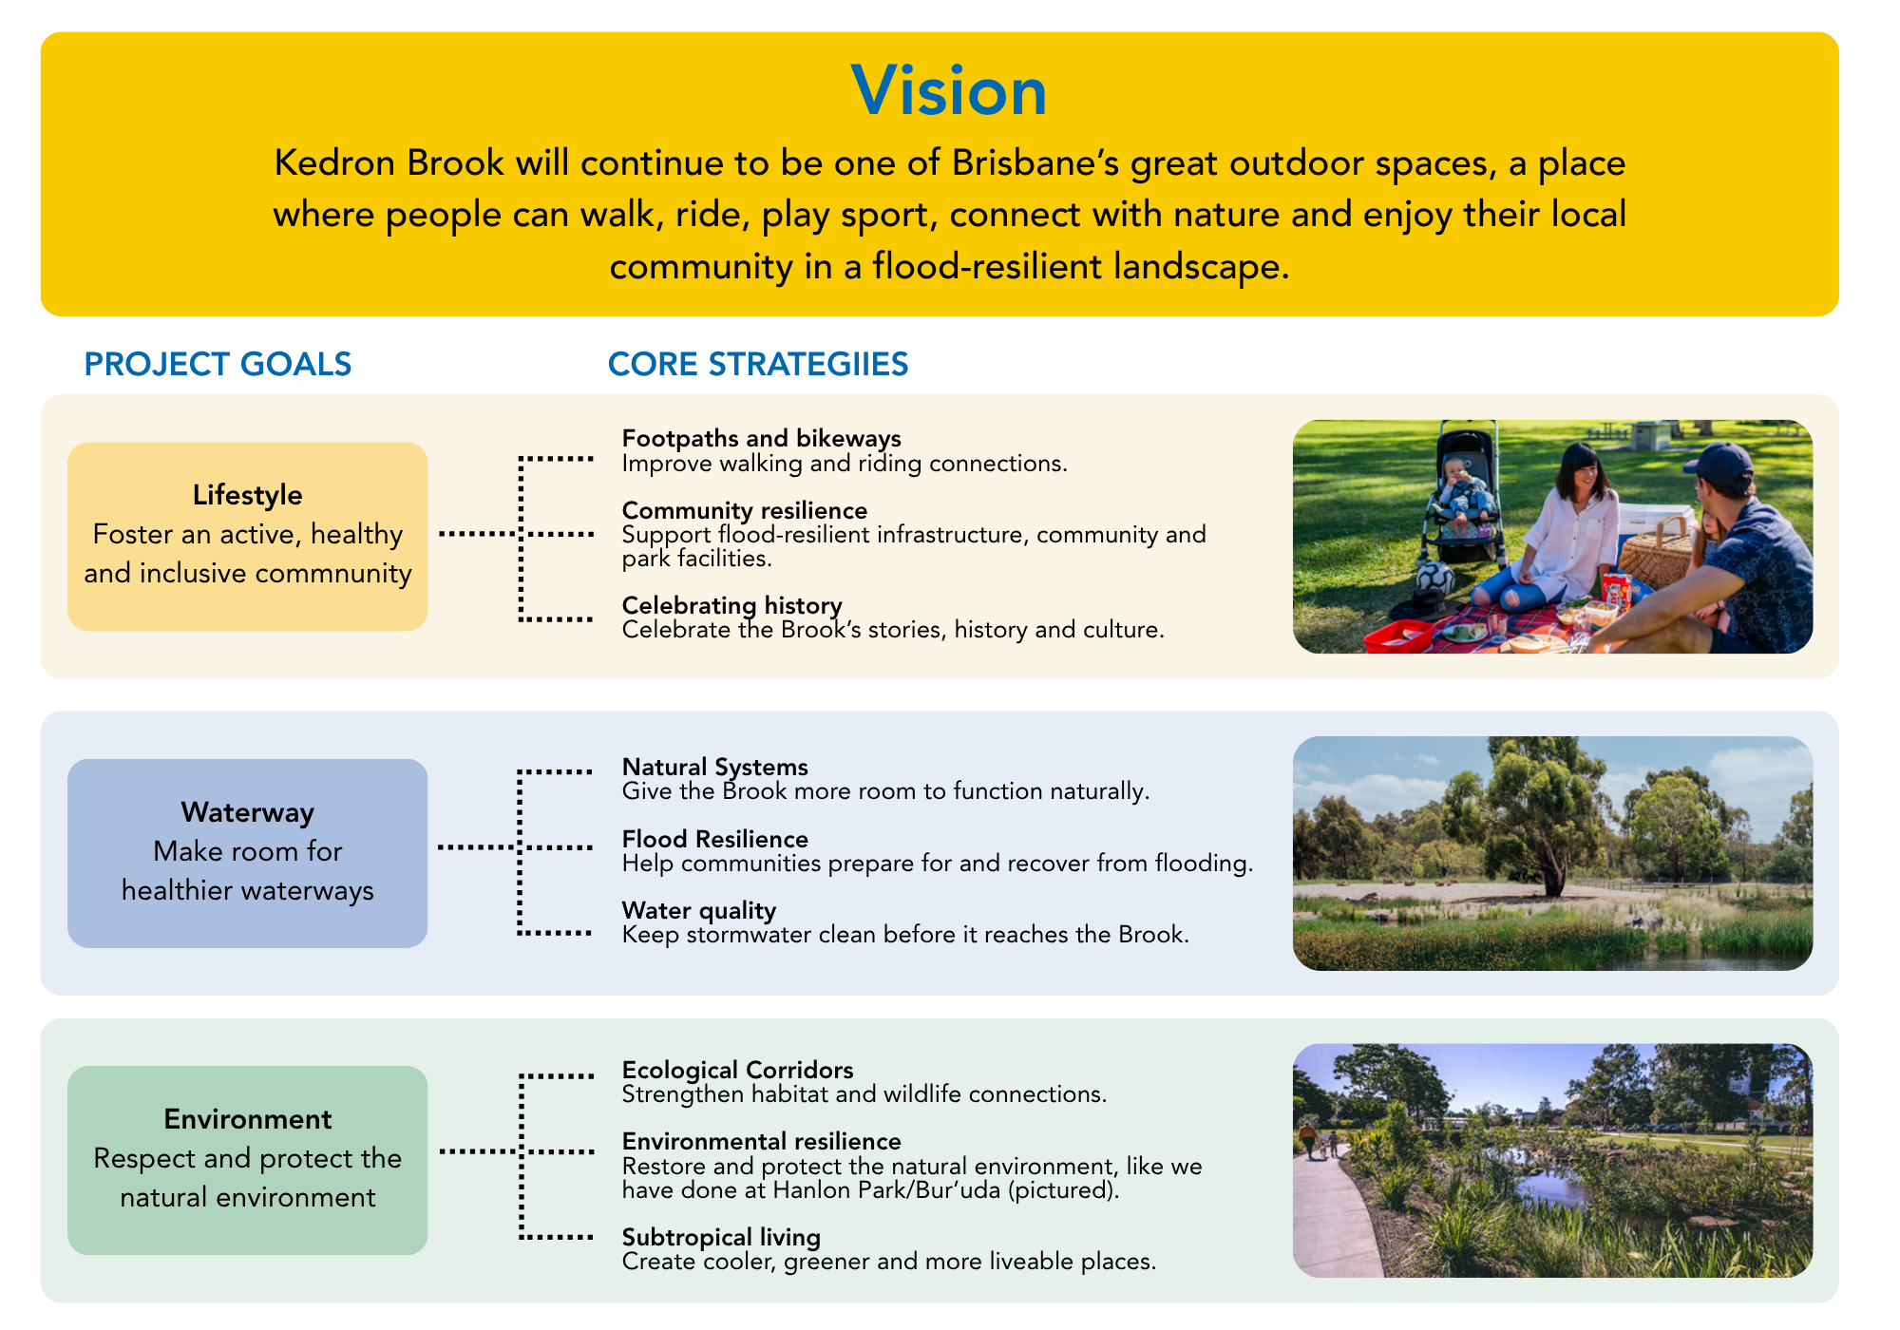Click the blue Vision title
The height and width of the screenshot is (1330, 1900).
(949, 91)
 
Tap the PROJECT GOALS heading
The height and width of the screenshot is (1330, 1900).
(218, 364)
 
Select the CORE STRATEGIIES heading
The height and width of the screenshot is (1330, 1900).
(758, 364)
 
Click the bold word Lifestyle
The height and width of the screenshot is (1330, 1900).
(247, 495)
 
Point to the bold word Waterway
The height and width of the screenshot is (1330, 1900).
(247, 812)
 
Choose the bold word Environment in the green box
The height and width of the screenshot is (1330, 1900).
(247, 1119)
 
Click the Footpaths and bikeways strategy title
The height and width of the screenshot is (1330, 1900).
(761, 438)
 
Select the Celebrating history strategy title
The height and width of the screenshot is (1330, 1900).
(731, 605)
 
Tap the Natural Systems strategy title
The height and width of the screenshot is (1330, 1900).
(714, 767)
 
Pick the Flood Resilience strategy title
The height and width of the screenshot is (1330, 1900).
(714, 839)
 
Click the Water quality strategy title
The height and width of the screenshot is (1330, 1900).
(698, 910)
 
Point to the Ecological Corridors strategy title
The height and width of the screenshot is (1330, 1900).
(737, 1070)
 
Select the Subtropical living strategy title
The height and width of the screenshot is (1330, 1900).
(721, 1237)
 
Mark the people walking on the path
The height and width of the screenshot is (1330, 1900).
(1320, 1141)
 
